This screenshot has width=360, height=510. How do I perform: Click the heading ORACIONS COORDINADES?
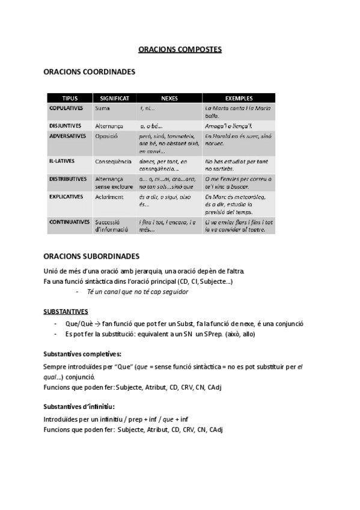[90, 72]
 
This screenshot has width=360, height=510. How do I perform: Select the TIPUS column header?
[70, 98]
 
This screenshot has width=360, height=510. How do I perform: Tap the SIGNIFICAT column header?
[114, 98]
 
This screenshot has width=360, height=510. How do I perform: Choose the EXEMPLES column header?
[238, 98]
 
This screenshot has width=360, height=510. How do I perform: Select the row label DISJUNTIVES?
[65, 126]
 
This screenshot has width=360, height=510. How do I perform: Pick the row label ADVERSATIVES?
[67, 137]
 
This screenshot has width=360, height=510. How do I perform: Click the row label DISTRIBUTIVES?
[67, 179]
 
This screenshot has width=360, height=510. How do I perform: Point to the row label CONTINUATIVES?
[69, 222]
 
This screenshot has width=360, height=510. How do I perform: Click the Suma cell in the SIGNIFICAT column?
[102, 108]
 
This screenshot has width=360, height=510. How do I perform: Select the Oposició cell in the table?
[106, 137]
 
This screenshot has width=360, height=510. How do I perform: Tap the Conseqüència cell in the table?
[113, 162]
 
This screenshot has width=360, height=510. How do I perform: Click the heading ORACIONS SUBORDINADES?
[91, 256]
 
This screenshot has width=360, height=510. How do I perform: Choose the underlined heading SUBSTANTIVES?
[66, 312]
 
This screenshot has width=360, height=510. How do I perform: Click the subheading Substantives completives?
[82, 353]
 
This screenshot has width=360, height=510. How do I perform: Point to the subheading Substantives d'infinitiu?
[79, 407]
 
